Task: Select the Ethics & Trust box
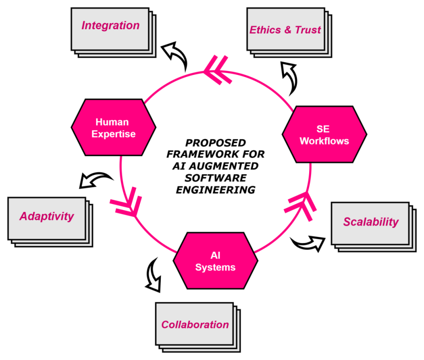285,30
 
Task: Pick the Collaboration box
195,325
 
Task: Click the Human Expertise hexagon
113,128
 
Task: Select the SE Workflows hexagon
324,135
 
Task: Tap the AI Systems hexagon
215,261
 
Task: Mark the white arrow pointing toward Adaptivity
93,180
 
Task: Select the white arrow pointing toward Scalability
310,243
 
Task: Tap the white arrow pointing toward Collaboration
153,278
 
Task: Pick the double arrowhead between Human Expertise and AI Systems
125,203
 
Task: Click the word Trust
308,30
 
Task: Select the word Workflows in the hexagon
324,141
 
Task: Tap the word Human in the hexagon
112,122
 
